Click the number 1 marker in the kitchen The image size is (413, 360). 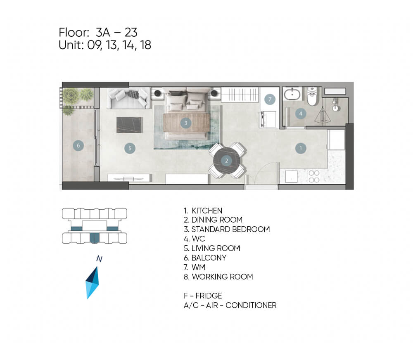point(301,148)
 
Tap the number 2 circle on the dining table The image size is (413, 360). point(226,161)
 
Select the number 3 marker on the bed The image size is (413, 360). point(186,123)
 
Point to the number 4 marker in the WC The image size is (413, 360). point(301,114)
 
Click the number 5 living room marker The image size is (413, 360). point(130,148)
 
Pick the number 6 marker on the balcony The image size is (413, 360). point(78,145)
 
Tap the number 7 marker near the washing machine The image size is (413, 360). point(270,99)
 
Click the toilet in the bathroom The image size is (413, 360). point(312,96)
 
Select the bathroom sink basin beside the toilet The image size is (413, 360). point(292,94)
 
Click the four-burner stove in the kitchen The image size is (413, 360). point(314,176)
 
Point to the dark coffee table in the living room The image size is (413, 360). point(130,125)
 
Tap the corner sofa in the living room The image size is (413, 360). point(128,98)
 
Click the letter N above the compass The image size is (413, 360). point(99,258)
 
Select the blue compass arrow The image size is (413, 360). point(92,283)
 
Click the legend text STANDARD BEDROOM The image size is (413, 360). point(227,230)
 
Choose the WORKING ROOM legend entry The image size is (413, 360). point(218,277)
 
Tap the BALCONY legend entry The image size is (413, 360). point(205,258)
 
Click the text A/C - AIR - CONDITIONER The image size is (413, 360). point(230,305)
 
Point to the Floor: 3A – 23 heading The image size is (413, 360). point(98,32)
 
